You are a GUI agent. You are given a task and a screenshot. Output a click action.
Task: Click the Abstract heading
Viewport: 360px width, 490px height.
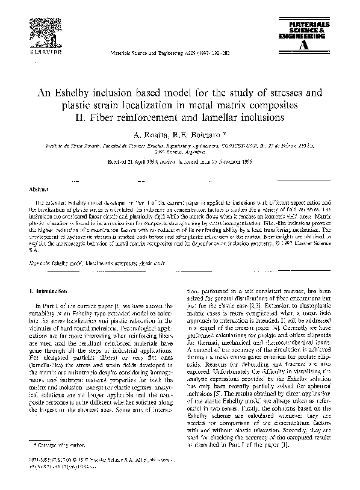39,188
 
